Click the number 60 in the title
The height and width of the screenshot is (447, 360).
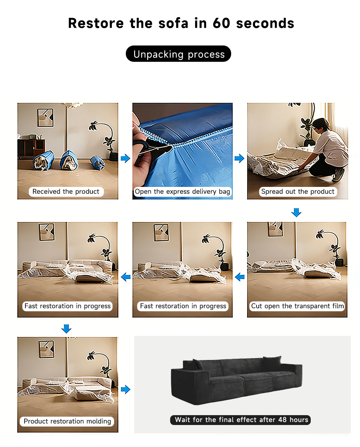point(221,23)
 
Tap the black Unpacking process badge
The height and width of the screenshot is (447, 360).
point(178,54)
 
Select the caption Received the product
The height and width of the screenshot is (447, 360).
point(66,191)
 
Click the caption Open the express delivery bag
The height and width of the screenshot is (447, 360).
point(182,191)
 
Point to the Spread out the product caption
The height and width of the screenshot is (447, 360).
point(297,191)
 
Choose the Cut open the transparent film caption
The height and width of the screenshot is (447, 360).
point(297,306)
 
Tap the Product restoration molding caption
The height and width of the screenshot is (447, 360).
point(67,421)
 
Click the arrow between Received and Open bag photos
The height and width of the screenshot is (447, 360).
point(125,158)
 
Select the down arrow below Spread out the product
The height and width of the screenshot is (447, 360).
point(296,212)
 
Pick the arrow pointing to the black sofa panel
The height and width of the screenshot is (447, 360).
point(125,389)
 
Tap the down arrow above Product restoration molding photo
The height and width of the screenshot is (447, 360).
point(66,329)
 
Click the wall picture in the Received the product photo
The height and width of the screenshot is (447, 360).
point(45,118)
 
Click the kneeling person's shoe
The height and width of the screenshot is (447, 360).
point(338,174)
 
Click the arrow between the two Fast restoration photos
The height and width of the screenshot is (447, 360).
point(126,277)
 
